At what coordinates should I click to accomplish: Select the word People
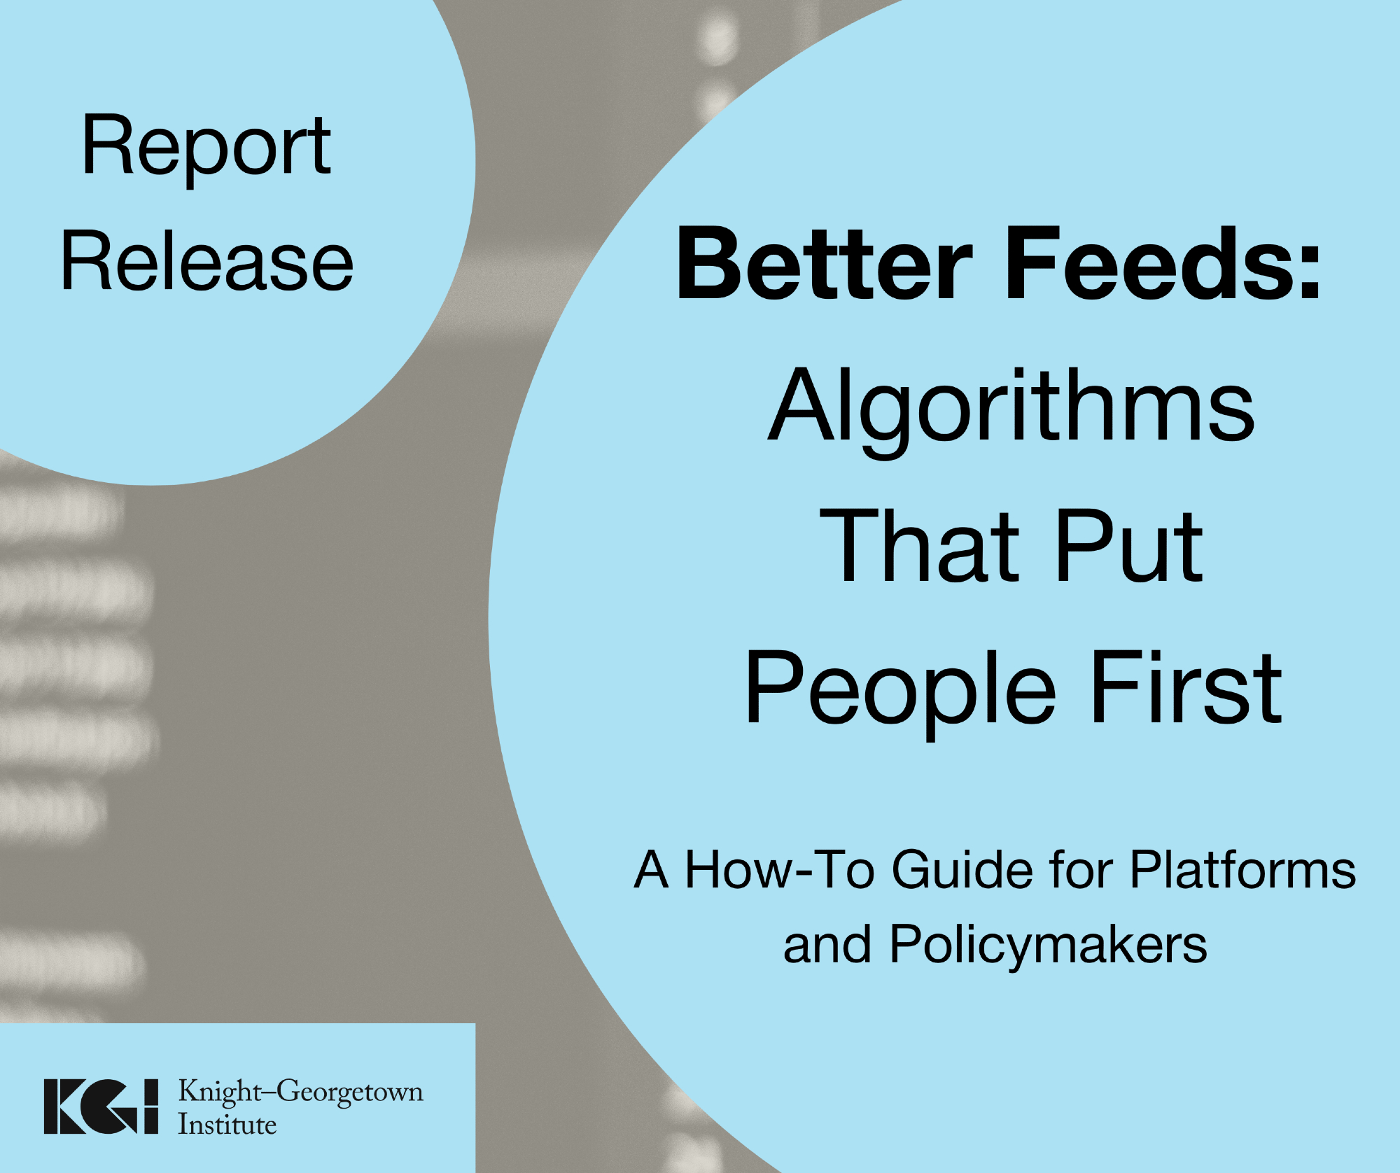click(899, 690)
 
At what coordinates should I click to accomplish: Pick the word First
click(1186, 687)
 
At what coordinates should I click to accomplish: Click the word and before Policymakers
click(827, 944)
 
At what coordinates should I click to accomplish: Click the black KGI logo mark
click(101, 1106)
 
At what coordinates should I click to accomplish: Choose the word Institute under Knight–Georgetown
click(227, 1125)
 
